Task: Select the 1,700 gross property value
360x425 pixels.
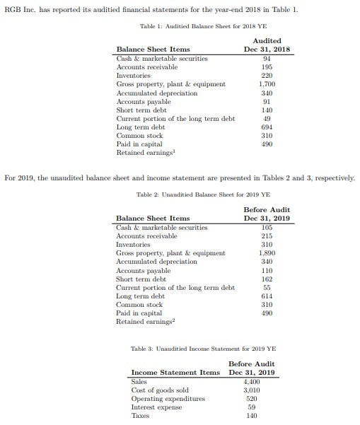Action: coord(267,84)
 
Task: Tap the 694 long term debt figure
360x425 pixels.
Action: coord(267,127)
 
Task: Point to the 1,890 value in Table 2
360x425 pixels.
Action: coord(267,253)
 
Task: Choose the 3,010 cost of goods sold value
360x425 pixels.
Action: coord(252,390)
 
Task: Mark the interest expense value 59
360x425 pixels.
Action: coord(252,407)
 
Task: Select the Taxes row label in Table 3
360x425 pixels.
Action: coord(142,415)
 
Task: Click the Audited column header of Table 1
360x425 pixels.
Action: coord(267,41)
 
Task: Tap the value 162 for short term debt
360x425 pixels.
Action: coord(267,279)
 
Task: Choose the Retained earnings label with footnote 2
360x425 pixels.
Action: coord(144,321)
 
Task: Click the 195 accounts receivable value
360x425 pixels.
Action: coord(267,67)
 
